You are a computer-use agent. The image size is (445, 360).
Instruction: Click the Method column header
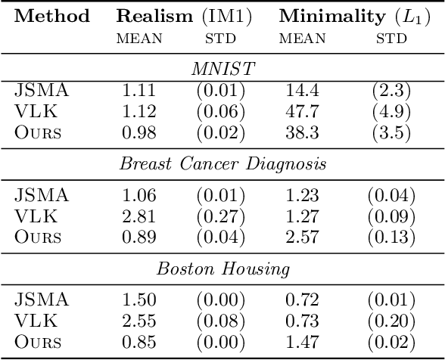52,16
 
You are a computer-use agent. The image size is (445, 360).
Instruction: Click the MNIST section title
222,70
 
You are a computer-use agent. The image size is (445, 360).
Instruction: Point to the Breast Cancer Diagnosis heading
222,164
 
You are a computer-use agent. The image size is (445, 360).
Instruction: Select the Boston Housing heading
222,268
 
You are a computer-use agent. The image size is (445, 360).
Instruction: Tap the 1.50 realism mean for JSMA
138,301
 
